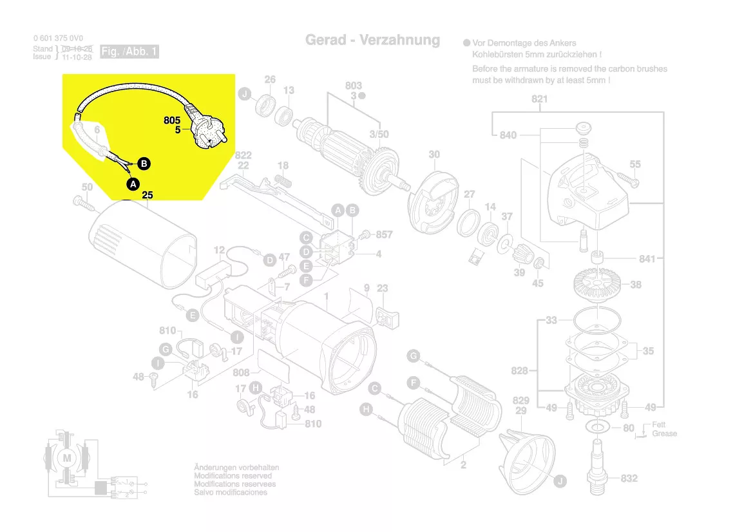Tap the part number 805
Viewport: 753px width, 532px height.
(172, 120)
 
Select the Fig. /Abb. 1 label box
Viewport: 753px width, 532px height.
(129, 52)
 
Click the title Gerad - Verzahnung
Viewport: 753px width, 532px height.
(372, 40)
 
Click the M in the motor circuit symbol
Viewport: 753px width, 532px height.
(68, 457)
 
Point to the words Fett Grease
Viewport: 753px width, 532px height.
(664, 429)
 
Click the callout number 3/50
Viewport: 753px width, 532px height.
(379, 133)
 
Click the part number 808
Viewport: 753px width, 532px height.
(241, 372)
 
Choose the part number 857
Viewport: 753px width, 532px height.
(384, 234)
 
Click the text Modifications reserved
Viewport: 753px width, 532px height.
(233, 475)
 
